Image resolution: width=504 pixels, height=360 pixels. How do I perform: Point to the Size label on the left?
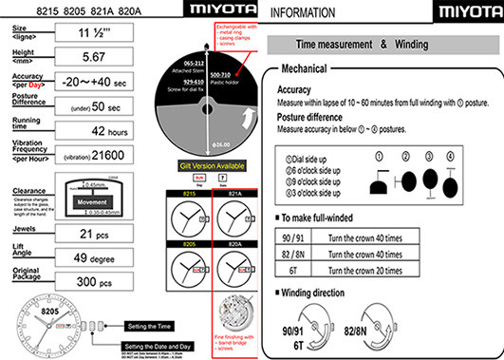(x=20, y=29)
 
